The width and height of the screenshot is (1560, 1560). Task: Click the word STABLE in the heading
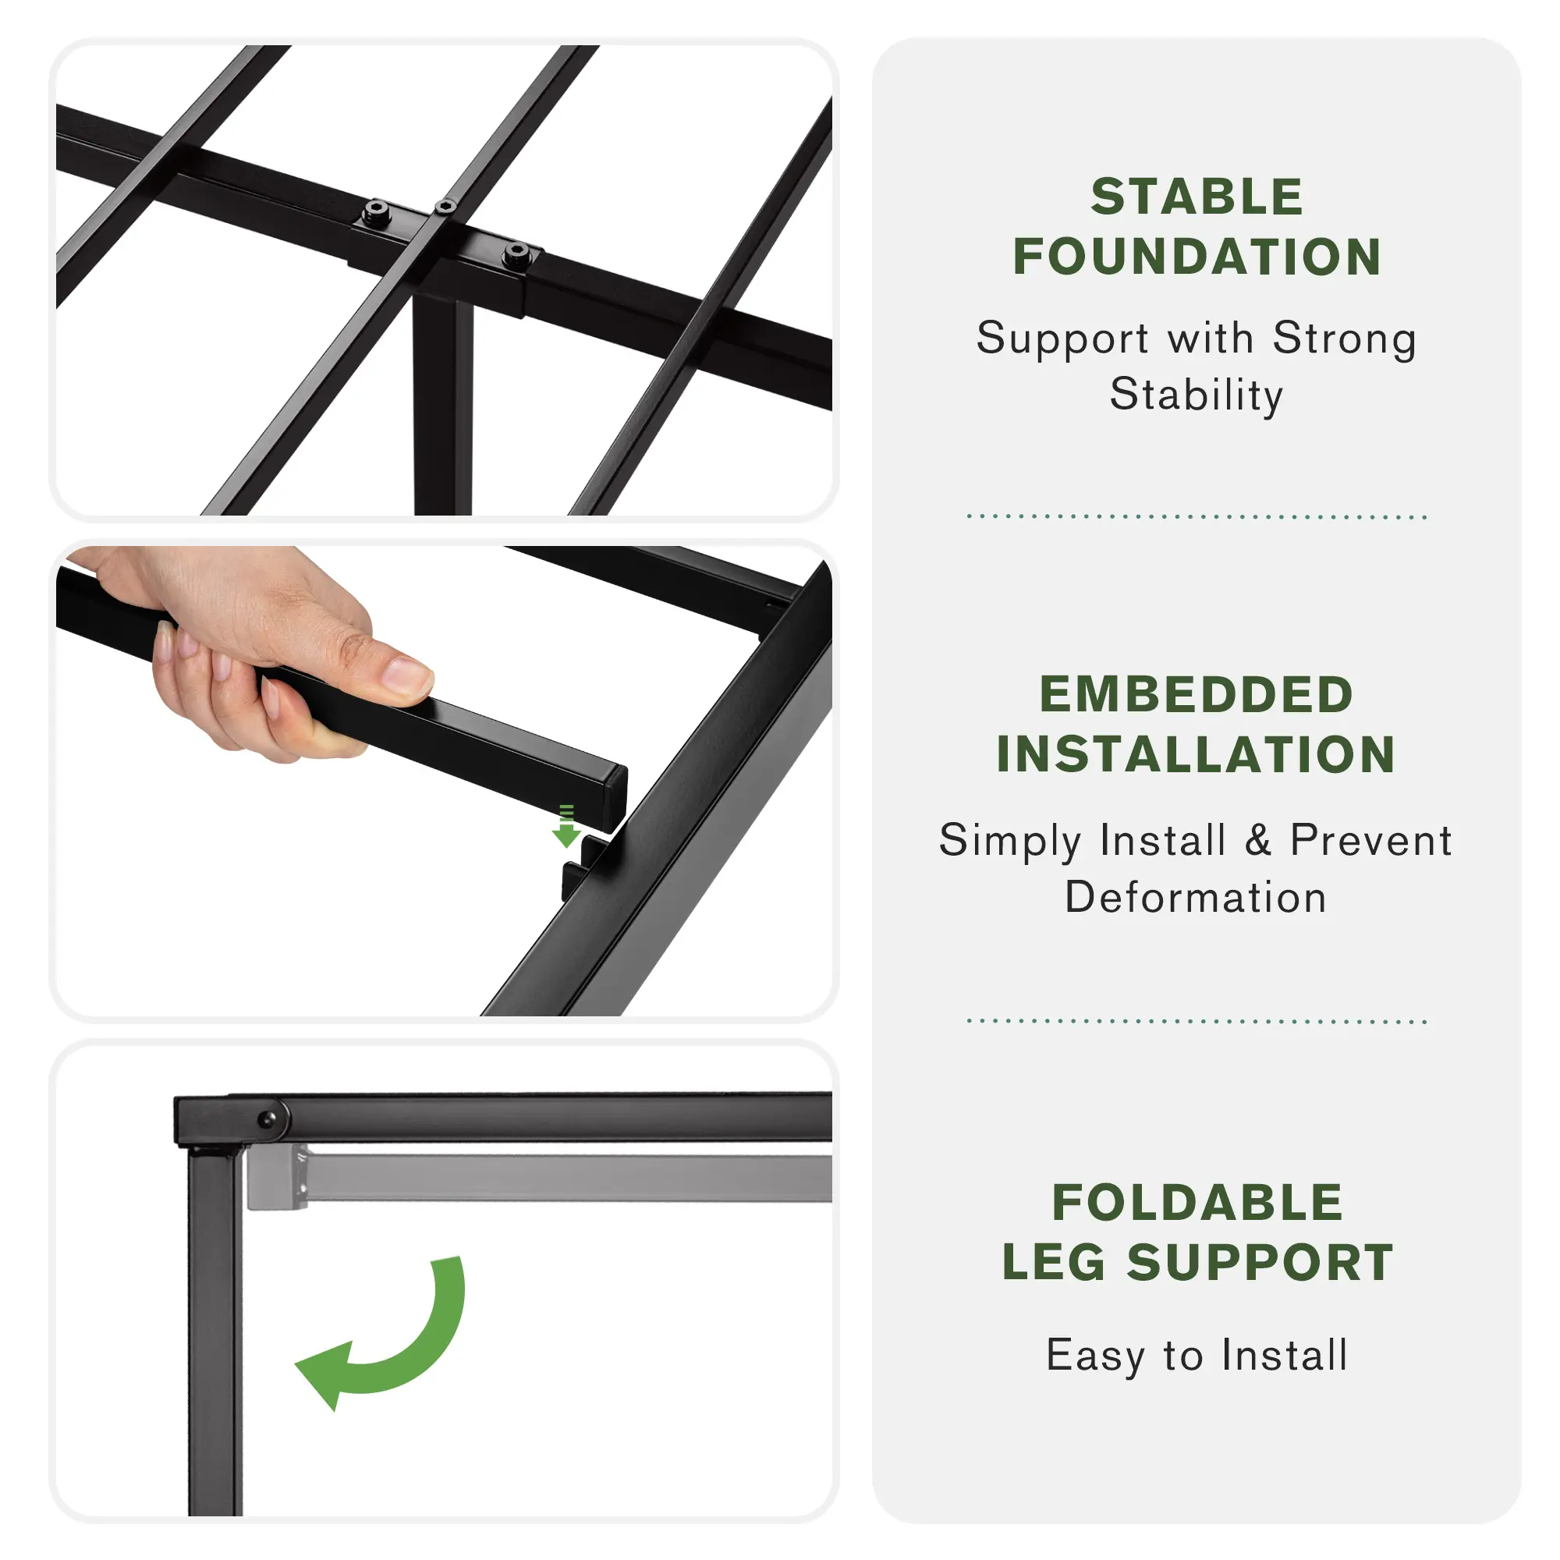click(1197, 197)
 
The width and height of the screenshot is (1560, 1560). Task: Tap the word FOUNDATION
click(1197, 257)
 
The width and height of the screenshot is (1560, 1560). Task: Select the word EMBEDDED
click(1197, 694)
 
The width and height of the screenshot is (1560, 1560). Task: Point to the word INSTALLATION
click(1197, 754)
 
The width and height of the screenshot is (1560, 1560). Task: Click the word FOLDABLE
click(1197, 1202)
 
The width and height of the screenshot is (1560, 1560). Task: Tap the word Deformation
click(1196, 897)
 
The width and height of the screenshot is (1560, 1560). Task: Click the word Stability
click(1197, 395)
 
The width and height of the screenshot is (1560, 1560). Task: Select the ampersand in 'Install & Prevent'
click(1258, 840)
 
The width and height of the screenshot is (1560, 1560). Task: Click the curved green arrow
click(420, 1357)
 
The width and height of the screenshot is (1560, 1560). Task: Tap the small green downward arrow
click(566, 825)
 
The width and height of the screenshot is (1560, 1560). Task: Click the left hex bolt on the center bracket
click(375, 213)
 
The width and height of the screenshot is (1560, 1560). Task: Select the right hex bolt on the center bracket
click(516, 255)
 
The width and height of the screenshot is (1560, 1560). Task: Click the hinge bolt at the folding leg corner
click(267, 1120)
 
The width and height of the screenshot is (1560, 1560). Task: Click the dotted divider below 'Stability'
click(1197, 516)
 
